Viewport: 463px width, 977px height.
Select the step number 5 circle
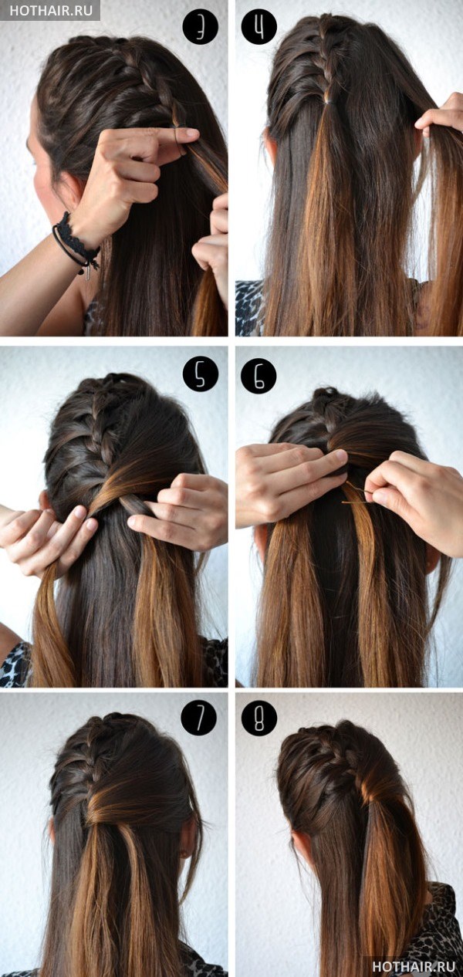pos(200,376)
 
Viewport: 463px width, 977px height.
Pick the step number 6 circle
pos(259,376)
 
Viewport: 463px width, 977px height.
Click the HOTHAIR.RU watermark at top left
pos(51,11)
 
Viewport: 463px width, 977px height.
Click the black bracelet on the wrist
pos(74,242)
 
